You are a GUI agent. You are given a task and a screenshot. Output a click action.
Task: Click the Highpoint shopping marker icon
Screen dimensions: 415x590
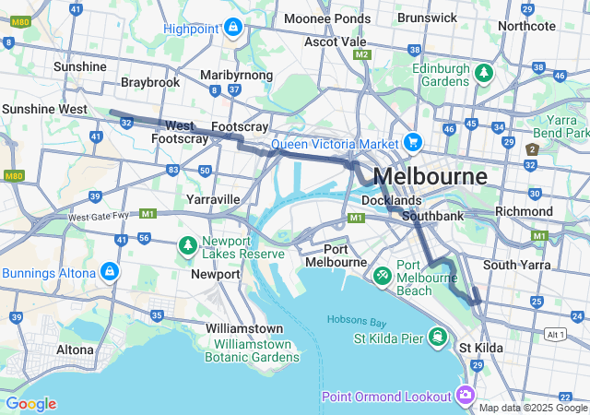(x=231, y=28)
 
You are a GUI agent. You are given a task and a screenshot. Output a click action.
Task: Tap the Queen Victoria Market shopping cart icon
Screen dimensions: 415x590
(x=412, y=143)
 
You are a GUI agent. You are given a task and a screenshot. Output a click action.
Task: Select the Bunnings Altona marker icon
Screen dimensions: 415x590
(x=110, y=272)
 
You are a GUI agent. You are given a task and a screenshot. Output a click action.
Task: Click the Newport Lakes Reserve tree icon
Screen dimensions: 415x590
(x=188, y=245)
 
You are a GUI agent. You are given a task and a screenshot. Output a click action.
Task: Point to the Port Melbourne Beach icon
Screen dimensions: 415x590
(x=383, y=274)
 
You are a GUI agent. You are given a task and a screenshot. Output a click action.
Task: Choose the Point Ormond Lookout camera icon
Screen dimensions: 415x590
(x=466, y=396)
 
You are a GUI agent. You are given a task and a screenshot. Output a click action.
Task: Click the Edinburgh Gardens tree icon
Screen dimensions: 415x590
(x=481, y=72)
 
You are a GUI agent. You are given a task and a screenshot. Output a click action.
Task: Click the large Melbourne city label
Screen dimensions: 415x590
(x=430, y=176)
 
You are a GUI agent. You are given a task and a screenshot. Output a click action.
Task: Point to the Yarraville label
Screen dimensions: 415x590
(x=213, y=199)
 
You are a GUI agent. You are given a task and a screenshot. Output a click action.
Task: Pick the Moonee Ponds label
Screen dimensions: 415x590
(x=327, y=18)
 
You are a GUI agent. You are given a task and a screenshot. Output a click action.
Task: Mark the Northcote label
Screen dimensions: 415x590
(x=526, y=26)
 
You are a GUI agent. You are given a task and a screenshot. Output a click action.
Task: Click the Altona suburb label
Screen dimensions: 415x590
(x=76, y=350)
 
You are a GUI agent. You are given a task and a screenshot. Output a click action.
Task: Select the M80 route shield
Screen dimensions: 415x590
(x=12, y=175)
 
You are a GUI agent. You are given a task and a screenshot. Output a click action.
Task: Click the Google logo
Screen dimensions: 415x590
(x=30, y=404)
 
